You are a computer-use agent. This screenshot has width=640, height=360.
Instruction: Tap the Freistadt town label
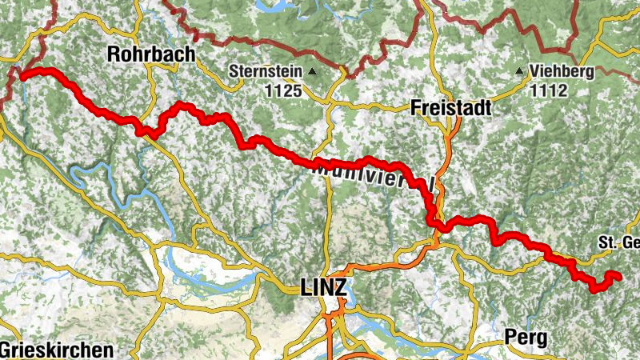click(x=449, y=107)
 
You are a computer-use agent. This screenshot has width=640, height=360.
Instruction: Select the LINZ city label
click(x=323, y=288)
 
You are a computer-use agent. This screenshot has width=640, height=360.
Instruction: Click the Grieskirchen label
click(x=56, y=350)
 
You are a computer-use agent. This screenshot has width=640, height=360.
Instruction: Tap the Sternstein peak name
click(x=265, y=71)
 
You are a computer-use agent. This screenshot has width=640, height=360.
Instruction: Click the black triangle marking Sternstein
click(x=312, y=71)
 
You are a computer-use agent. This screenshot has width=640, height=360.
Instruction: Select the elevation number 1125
click(x=284, y=90)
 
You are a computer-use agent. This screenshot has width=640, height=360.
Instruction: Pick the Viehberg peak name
click(x=562, y=71)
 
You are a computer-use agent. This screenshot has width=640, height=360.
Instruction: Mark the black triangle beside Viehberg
click(x=520, y=71)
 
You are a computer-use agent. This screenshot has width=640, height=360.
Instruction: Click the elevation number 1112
click(x=549, y=90)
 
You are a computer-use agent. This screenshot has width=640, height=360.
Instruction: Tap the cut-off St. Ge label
click(x=620, y=242)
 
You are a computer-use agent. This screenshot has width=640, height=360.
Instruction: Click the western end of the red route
click(x=20, y=77)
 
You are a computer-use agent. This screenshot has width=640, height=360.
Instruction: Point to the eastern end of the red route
click(x=618, y=276)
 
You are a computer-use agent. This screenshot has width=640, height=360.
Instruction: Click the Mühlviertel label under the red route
click(x=372, y=174)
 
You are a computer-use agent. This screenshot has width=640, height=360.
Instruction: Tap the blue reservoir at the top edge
click(x=272, y=6)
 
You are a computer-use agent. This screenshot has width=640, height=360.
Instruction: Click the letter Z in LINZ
click(x=341, y=288)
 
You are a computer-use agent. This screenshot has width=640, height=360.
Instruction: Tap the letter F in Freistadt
click(x=416, y=107)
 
